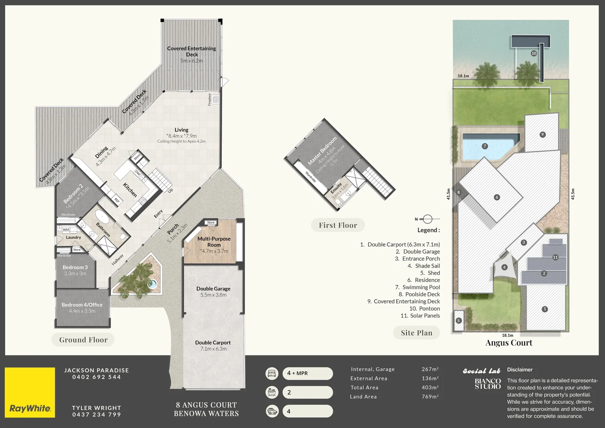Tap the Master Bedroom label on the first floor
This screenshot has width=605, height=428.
[x=322, y=151]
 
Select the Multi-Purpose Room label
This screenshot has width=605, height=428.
[x=214, y=242]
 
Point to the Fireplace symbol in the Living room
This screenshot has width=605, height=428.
[x=216, y=99]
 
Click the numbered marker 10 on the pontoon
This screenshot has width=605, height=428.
[x=534, y=53]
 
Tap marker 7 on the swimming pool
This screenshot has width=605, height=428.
[x=485, y=146]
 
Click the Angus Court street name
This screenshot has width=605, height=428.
[x=509, y=343]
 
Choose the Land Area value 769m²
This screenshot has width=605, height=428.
[x=430, y=397]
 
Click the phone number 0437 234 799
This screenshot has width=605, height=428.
[x=96, y=415]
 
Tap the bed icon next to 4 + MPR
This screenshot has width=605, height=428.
[x=272, y=373]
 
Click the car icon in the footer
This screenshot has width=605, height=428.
[x=272, y=411]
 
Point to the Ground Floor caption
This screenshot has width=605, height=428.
[x=83, y=340]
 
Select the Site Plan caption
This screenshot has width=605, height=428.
[x=417, y=333]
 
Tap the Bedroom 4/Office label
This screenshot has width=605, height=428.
[x=82, y=305]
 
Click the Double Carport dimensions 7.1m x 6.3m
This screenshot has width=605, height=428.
[x=213, y=349]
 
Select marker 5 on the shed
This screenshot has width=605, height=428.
[x=459, y=321]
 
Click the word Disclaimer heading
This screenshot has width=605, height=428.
[x=520, y=370]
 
